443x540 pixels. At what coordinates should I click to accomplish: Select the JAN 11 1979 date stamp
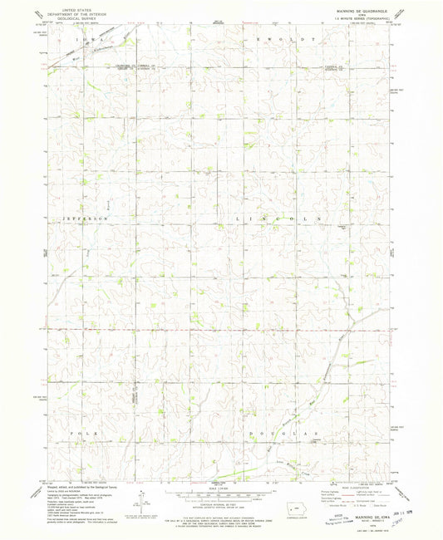point(401,501)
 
